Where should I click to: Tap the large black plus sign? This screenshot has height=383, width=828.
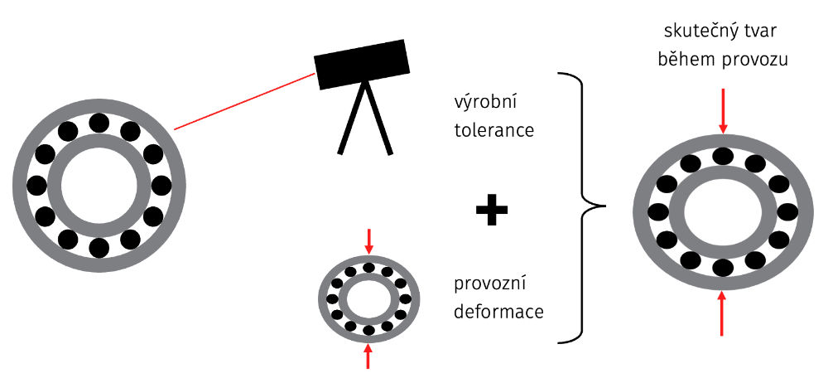click(491, 212)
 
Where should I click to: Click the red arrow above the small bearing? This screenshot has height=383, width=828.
click(369, 240)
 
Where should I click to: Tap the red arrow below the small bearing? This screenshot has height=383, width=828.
click(369, 356)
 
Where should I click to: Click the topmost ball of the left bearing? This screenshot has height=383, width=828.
click(99, 123)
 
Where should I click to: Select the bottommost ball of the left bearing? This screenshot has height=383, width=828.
click(99, 247)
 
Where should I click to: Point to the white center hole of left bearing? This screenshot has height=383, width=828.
click(99, 185)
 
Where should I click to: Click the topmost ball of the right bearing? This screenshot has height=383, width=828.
click(723, 157)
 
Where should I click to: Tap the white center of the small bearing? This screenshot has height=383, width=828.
click(369, 298)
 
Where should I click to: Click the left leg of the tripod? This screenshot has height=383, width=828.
click(350, 120)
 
